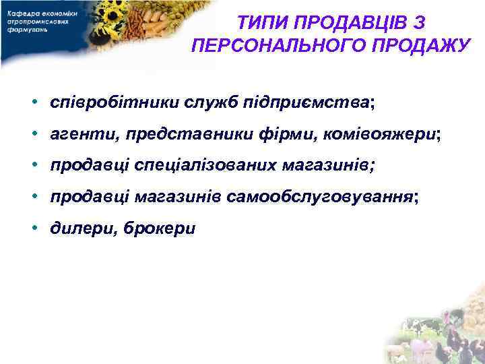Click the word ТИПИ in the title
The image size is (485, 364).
pos(262,24)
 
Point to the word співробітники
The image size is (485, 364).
pos(106,103)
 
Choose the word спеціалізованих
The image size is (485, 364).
pos(199,166)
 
